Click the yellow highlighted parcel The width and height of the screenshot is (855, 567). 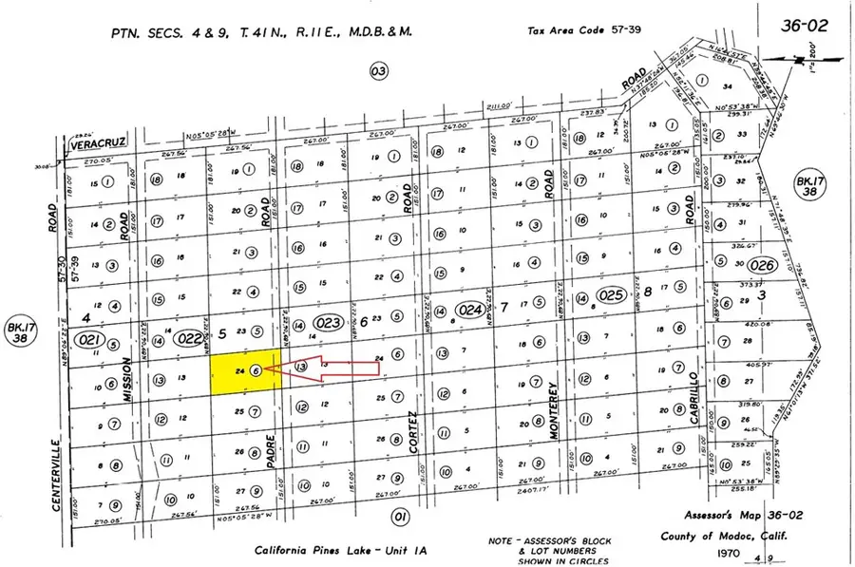point(243,371)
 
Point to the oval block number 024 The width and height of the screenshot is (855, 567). point(470,309)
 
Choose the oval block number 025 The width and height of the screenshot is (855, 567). point(613,296)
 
